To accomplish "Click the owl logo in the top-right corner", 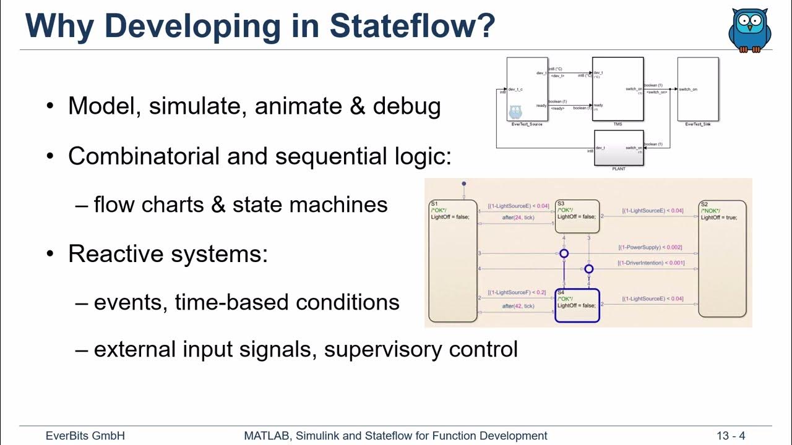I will pos(749,30).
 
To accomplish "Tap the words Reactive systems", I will pos(168,253).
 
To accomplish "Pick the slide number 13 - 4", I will pos(731,436).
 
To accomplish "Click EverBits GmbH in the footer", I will pos(85,436).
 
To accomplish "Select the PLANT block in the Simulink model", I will pos(619,148).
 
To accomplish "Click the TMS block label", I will pos(618,124).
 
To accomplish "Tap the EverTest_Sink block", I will pos(698,90).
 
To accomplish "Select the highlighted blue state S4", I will pos(577,305).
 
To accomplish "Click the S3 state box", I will pos(577,216).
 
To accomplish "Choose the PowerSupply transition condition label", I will pos(650,247).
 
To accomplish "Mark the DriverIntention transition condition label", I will pos(651,263).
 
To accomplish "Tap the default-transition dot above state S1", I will pos(464,184).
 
